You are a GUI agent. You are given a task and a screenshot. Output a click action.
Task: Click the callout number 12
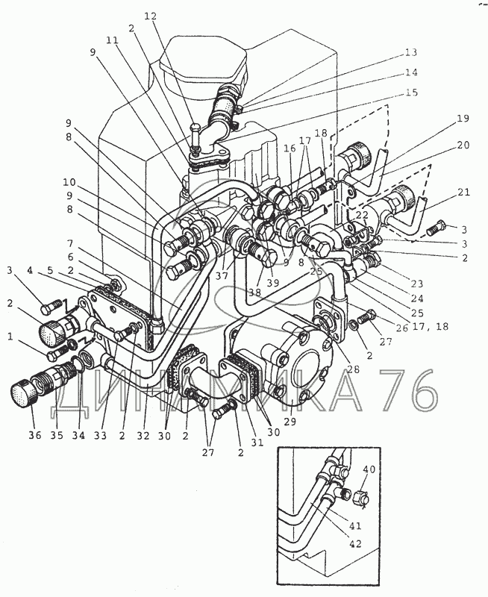pos(151,16)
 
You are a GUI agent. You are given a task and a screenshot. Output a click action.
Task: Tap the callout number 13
pos(410,52)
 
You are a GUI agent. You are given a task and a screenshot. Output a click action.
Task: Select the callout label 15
pos(411,93)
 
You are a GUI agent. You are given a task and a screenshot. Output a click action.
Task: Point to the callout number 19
pos(463,119)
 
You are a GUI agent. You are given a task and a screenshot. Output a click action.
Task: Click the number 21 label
pos(463,193)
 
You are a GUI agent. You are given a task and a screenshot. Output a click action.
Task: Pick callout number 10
pos(69,182)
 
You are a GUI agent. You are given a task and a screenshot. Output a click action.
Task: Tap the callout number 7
pos(69,243)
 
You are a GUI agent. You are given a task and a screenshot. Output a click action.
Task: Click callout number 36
pos(34,436)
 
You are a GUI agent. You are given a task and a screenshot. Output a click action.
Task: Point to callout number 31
pos(257,443)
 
